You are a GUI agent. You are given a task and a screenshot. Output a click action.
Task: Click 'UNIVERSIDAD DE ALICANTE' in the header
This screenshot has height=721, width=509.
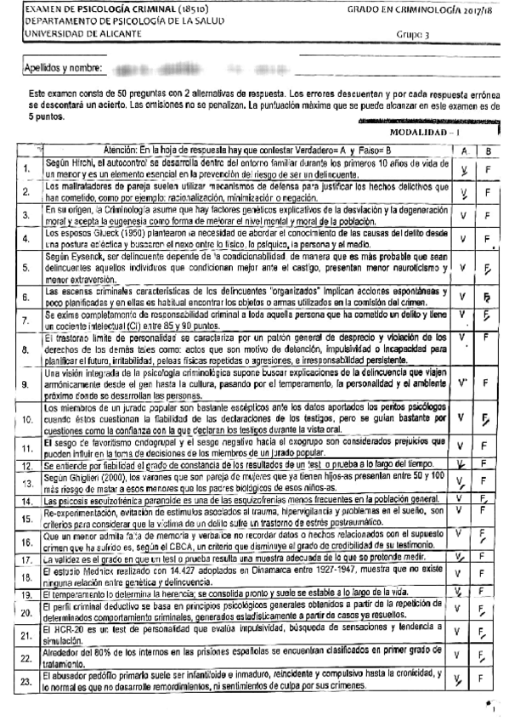tap(74, 33)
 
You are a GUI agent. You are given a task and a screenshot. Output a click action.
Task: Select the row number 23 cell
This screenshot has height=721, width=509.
tap(28, 679)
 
